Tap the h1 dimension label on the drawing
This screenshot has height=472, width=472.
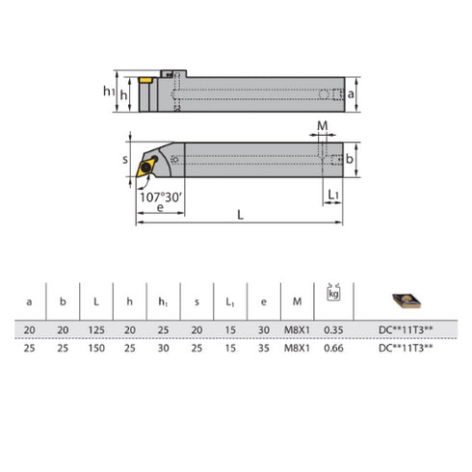tap(110, 92)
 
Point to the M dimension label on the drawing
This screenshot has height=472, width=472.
tap(323, 126)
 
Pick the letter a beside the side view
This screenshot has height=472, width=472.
tap(353, 94)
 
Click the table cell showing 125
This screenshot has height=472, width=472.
tap(96, 330)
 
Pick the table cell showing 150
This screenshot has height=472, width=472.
tap(96, 347)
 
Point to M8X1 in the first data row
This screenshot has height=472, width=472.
tap(297, 330)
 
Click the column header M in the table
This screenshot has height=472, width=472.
tap(297, 302)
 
